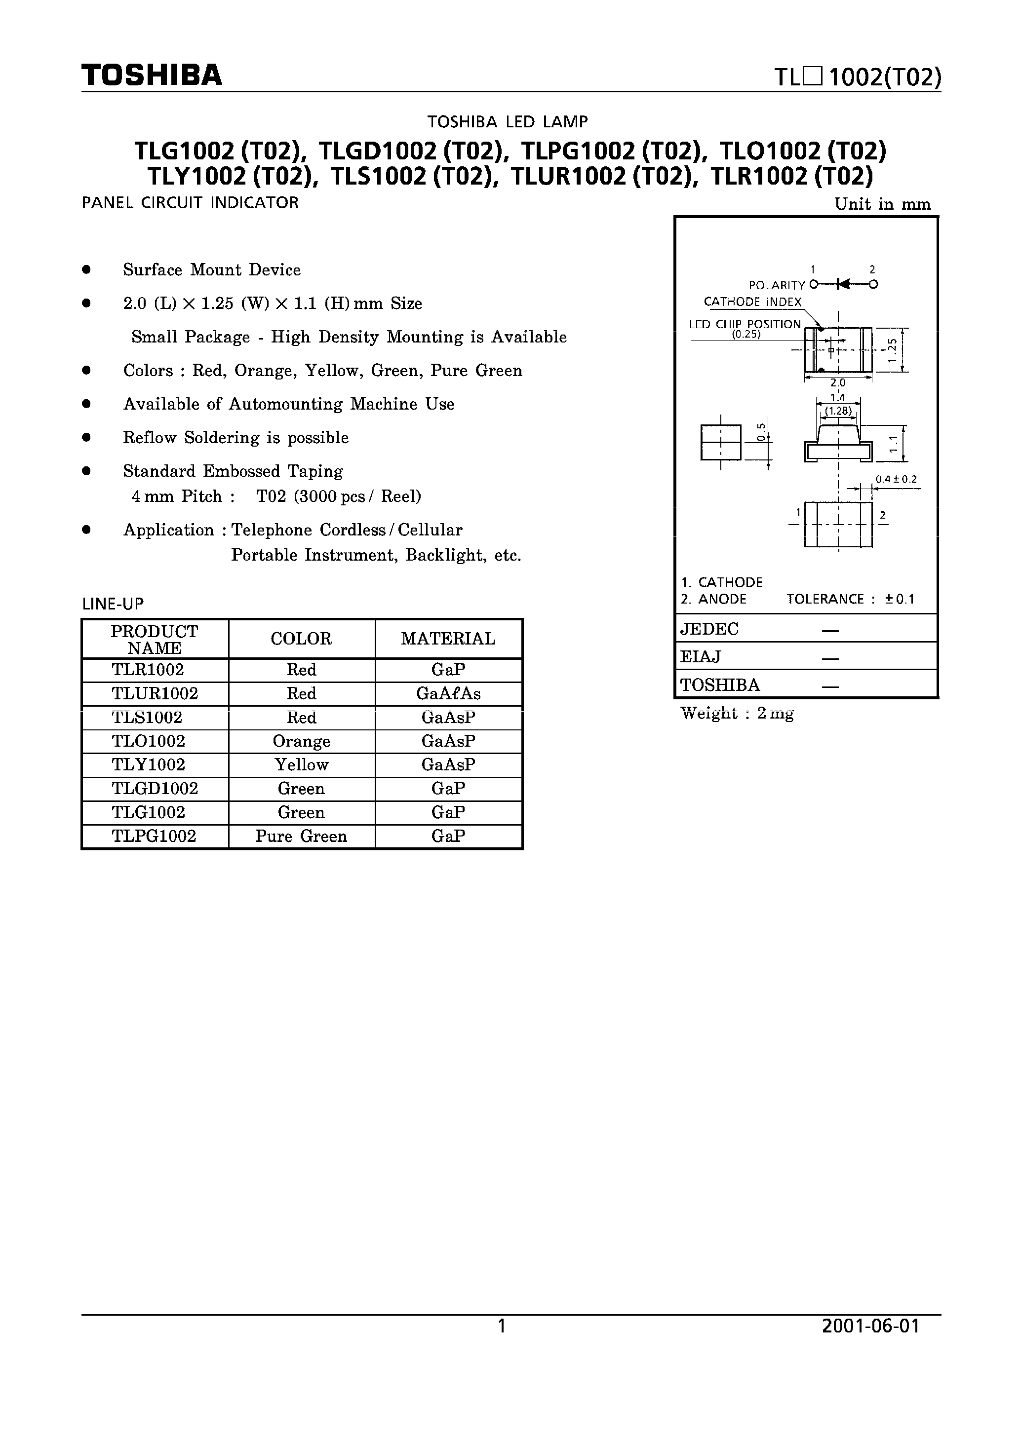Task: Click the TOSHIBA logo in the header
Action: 152,76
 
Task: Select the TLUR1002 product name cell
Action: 155,694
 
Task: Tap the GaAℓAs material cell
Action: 448,694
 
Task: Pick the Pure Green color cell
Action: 301,836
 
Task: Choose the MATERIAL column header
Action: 448,639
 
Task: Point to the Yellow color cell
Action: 301,765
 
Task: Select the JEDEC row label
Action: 709,629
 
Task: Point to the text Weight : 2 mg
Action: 737,713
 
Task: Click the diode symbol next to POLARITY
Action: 843,285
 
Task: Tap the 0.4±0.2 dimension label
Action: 896,480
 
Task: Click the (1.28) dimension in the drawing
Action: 838,412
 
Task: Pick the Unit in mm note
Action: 882,204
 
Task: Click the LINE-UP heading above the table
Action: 113,605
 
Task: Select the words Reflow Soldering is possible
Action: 236,437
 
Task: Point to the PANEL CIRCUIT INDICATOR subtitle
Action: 190,203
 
